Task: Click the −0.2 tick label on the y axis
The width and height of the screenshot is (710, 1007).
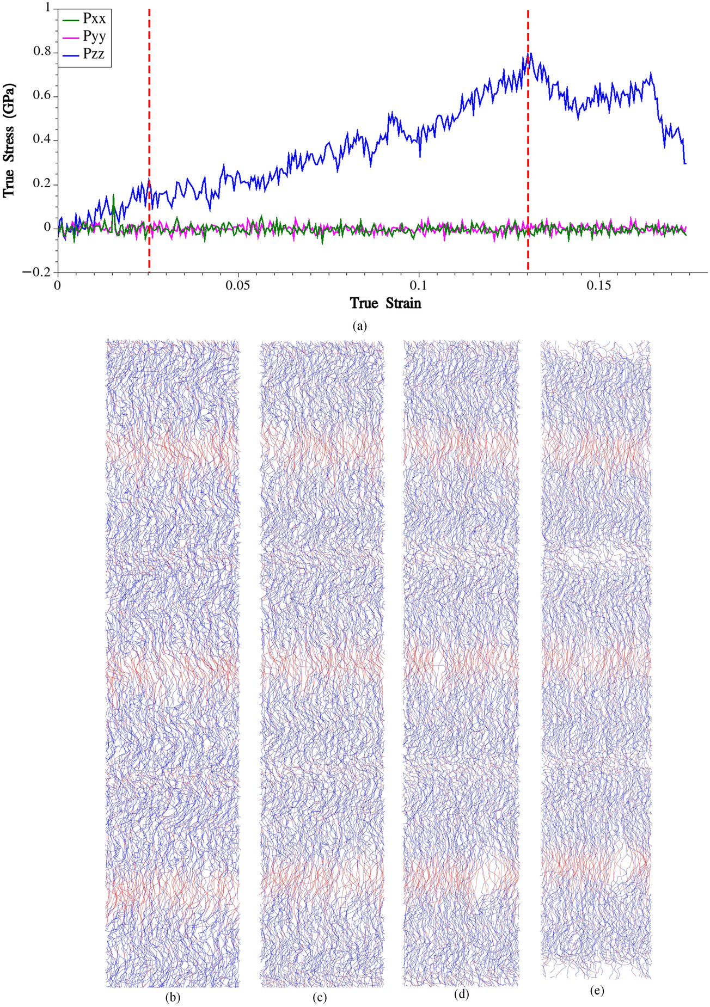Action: pos(35,272)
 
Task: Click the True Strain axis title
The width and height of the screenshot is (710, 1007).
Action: pos(385,303)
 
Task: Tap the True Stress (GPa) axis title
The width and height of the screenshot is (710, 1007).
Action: pos(9,140)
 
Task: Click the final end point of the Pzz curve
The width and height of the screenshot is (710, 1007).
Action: pos(685,163)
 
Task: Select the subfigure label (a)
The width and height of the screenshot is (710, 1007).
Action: pos(360,326)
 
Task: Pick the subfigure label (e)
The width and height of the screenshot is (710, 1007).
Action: pos(597,991)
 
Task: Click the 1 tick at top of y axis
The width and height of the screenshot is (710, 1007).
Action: pos(47,8)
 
